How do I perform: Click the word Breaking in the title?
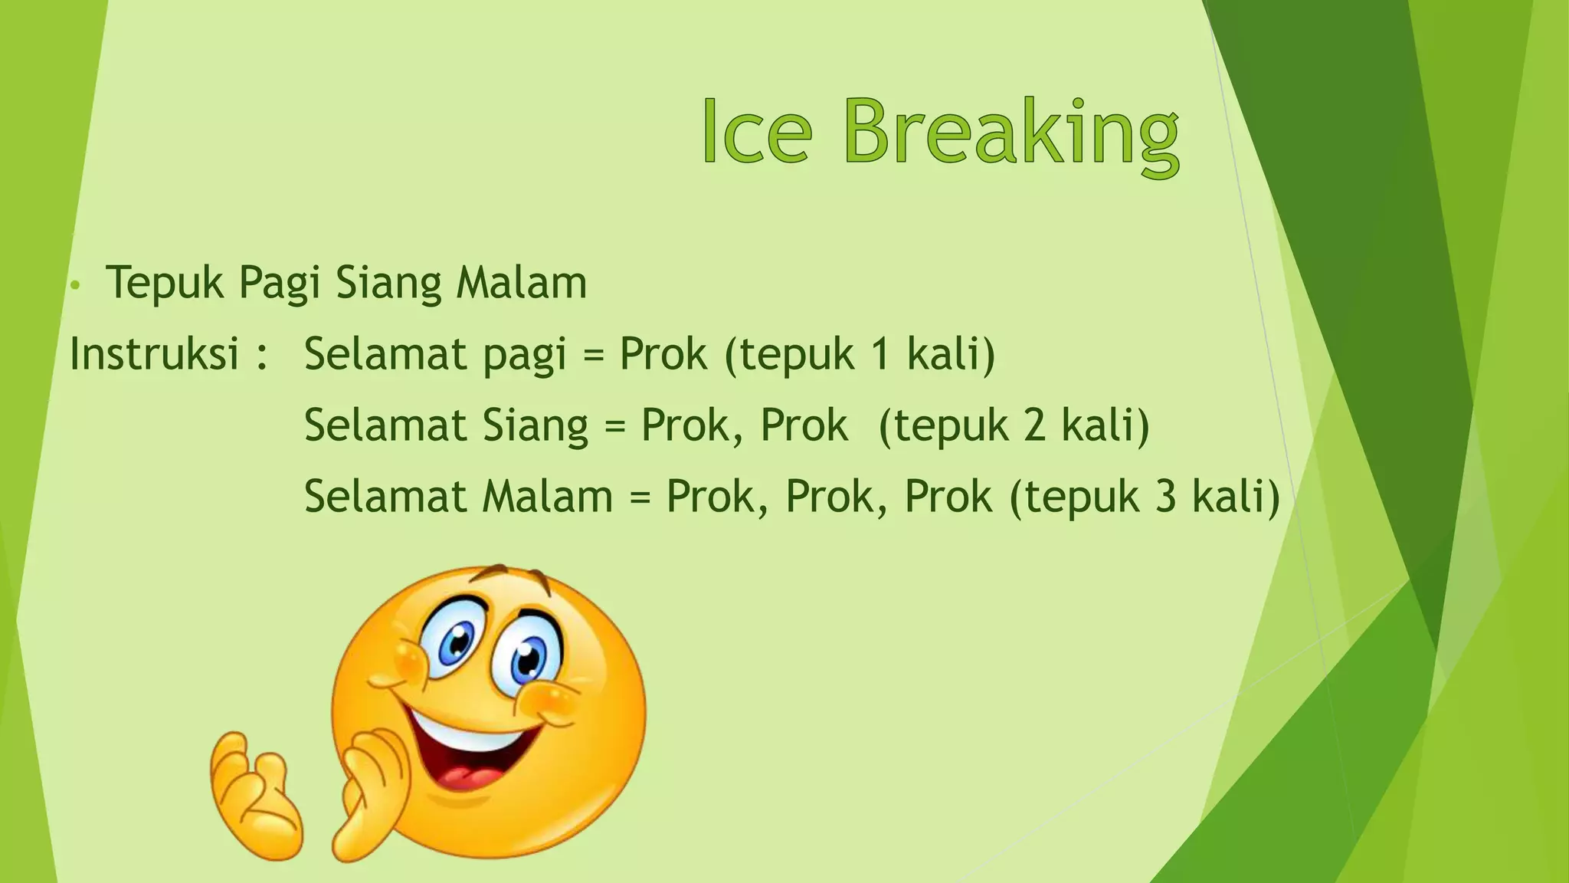[x=1011, y=134]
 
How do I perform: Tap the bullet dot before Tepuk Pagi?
[x=74, y=286]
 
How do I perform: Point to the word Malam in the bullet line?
[x=521, y=282]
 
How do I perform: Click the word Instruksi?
[x=154, y=354]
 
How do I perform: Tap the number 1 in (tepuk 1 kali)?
[x=881, y=354]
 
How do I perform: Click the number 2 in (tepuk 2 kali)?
[x=1034, y=425]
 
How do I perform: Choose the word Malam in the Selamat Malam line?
[x=548, y=497]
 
